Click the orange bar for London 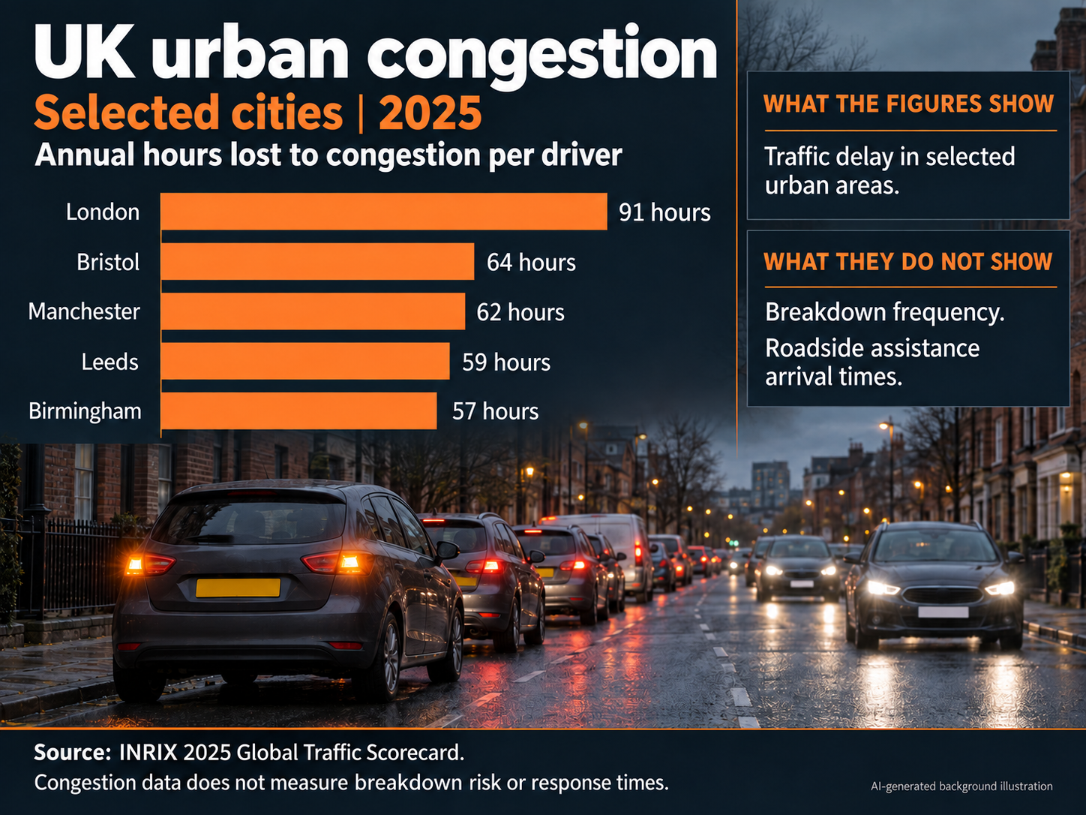(x=384, y=212)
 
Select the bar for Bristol (x=317, y=261)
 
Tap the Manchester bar (x=313, y=311)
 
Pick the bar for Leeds (x=305, y=361)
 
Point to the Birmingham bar (x=298, y=411)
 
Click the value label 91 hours (x=664, y=212)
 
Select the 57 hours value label (x=495, y=412)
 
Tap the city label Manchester (x=84, y=311)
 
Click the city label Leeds (x=109, y=362)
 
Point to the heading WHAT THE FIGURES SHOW (x=908, y=104)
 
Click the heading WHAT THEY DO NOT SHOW (x=908, y=261)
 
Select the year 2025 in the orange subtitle (x=430, y=113)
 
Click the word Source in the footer (x=72, y=753)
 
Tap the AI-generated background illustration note (x=961, y=786)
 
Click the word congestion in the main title (x=541, y=55)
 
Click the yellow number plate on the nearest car (x=238, y=588)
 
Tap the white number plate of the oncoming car (x=943, y=612)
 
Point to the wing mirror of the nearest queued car (x=447, y=550)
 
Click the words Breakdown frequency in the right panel (x=885, y=313)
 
